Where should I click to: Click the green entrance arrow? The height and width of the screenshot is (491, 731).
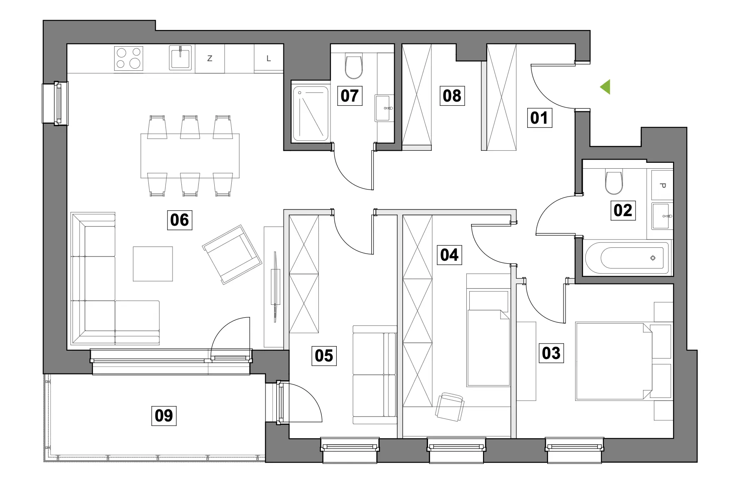pyautogui.click(x=606, y=87)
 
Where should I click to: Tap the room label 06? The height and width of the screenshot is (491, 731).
pyautogui.click(x=179, y=219)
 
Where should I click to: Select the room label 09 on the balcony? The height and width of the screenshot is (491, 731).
pyautogui.click(x=164, y=415)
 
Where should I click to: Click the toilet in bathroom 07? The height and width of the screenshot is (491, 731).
pyautogui.click(x=354, y=67)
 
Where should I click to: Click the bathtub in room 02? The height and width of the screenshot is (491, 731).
pyautogui.click(x=627, y=258)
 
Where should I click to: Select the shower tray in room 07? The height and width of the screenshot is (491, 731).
pyautogui.click(x=311, y=112)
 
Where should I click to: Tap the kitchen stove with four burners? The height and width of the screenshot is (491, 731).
pyautogui.click(x=129, y=58)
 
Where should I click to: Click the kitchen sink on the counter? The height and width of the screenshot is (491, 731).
pyautogui.click(x=180, y=58)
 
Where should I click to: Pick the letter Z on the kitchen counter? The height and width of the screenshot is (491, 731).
pyautogui.click(x=210, y=59)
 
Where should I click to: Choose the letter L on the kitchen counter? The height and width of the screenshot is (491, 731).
pyautogui.click(x=268, y=59)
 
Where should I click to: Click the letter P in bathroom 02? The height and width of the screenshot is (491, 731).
pyautogui.click(x=663, y=185)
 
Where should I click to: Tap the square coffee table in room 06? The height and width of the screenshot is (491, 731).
pyautogui.click(x=153, y=264)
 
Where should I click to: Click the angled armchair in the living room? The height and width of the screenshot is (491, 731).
pyautogui.click(x=232, y=254)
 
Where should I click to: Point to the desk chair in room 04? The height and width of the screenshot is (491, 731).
pyautogui.click(x=450, y=406)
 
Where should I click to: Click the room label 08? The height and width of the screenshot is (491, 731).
pyautogui.click(x=452, y=96)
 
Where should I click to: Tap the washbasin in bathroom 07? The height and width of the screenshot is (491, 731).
pyautogui.click(x=384, y=108)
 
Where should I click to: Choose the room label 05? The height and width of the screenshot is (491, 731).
pyautogui.click(x=324, y=356)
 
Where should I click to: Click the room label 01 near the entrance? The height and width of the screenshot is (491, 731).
pyautogui.click(x=539, y=118)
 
